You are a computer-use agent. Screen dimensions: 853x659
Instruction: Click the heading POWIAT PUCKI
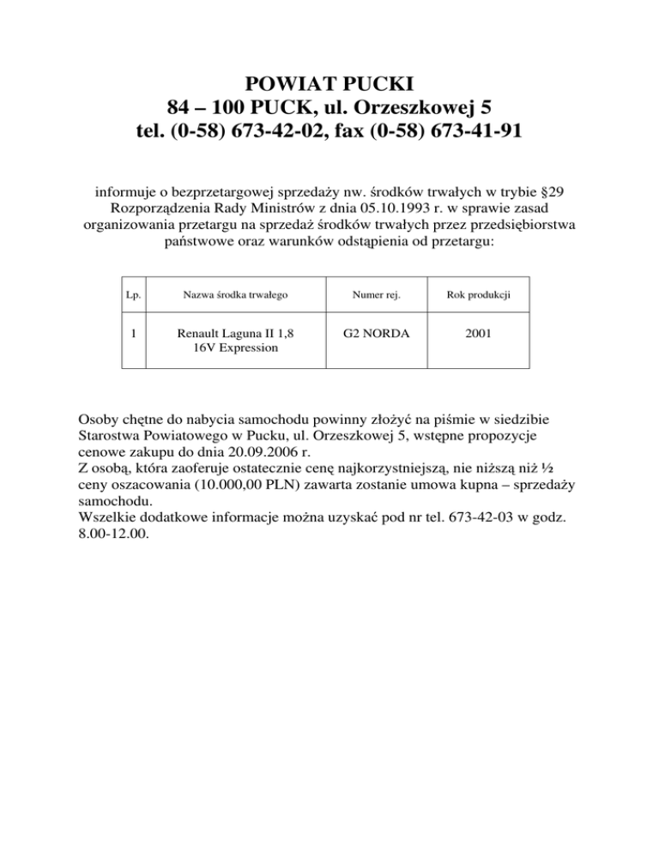(329, 83)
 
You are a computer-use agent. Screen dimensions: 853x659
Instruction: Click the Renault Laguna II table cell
(233, 341)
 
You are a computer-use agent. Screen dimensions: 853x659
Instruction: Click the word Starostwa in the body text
(111, 439)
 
